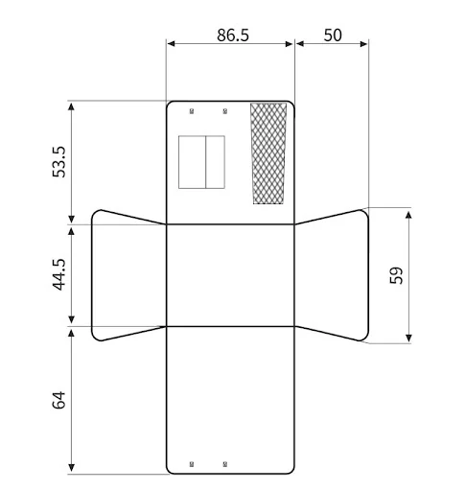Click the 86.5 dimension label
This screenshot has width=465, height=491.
[233, 35]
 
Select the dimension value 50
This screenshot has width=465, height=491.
[333, 35]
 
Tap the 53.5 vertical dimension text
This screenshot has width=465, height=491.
[58, 162]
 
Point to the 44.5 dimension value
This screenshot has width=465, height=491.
[58, 274]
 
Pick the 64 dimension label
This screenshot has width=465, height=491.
[58, 400]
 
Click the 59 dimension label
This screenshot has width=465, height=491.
[397, 275]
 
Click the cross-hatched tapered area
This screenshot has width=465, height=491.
[268, 153]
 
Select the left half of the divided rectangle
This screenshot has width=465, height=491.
[192, 162]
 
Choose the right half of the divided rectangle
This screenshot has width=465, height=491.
[216, 162]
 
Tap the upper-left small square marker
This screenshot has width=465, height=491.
[192, 111]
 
